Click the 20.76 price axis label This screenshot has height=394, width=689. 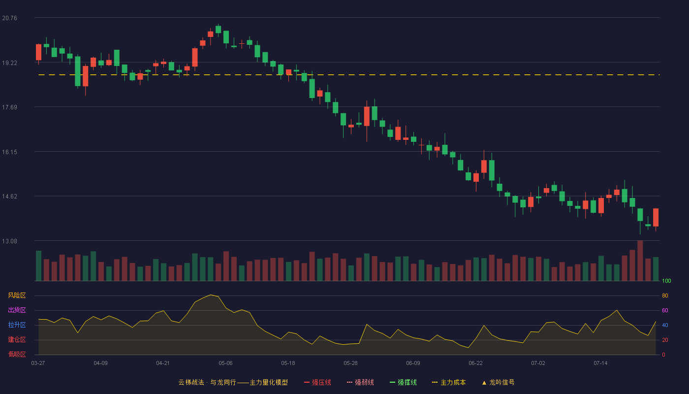point(9,18)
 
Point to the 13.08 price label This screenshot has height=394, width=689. point(9,241)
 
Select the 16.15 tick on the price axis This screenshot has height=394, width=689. point(9,152)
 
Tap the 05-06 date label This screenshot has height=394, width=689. point(225,363)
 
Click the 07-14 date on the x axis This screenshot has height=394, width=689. point(600,363)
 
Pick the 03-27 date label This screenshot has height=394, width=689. point(38,363)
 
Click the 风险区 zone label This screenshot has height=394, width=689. point(17,295)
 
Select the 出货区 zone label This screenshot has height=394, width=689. point(17,310)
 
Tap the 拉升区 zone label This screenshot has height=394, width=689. point(17,325)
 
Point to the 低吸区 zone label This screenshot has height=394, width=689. point(17,354)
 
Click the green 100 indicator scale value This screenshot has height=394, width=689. point(666,281)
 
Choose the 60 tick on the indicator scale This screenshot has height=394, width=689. point(665,310)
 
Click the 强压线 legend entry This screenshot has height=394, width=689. point(317,382)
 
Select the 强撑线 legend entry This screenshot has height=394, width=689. point(403,382)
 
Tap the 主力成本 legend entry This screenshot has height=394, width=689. point(449,382)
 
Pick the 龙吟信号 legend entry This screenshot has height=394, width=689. point(498,382)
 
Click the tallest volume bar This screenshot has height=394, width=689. point(640,261)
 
